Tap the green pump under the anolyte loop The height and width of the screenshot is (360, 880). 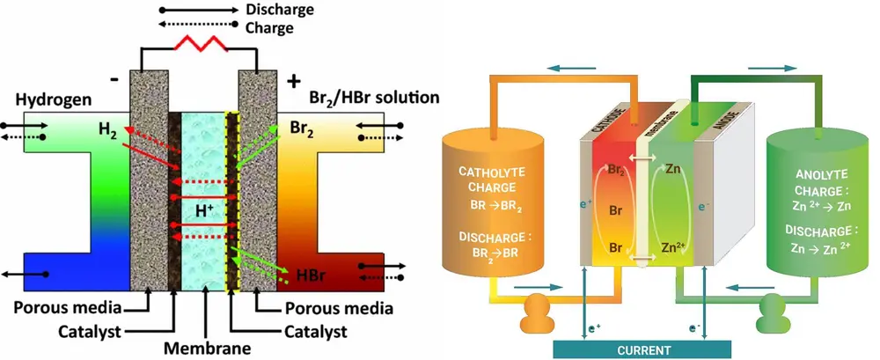point(773,311)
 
